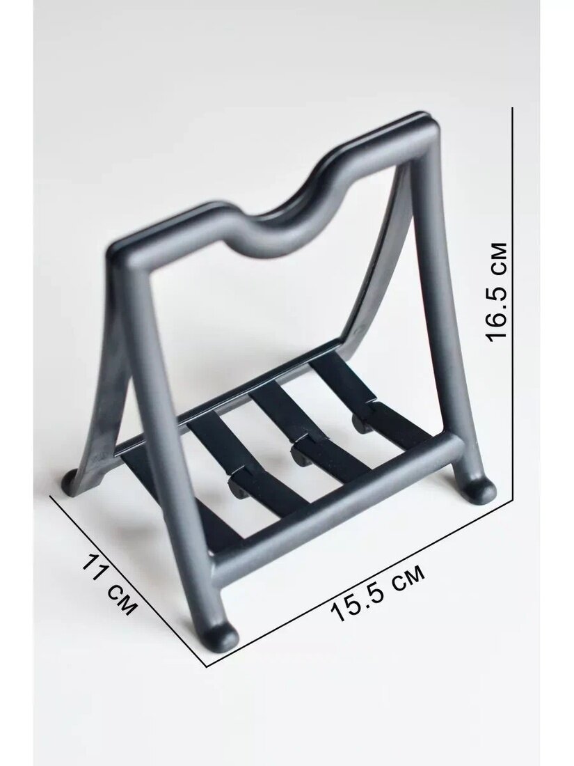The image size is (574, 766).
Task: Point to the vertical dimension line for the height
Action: (x=512, y=303)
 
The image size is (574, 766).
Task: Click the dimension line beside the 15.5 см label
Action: (x=361, y=582)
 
